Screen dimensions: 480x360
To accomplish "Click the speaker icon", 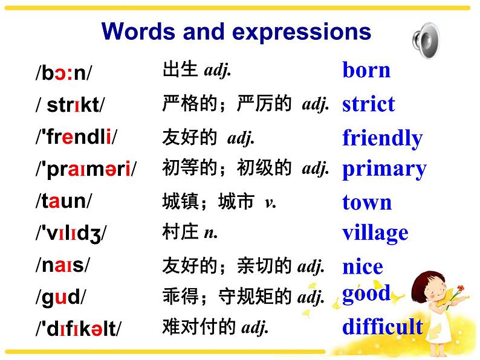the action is point(426,40).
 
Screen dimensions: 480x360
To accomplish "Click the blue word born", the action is point(366,70).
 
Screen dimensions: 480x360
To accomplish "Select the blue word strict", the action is point(369,103).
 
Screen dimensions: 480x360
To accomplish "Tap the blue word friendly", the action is point(383,138).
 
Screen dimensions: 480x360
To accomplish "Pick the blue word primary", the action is point(384,170).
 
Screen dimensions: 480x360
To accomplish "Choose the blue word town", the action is point(367,202).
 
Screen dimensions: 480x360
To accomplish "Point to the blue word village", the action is point(375,233).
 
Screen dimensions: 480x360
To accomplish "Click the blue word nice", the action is point(363,266).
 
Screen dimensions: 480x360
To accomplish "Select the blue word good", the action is point(366,294).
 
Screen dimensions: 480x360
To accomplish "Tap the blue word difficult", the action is point(383,326).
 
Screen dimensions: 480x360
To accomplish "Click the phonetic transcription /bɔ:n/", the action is point(63,73).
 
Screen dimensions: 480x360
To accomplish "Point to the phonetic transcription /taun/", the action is point(63,201).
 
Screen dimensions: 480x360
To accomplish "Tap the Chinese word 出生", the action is point(180,69).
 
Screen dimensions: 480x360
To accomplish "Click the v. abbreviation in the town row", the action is point(270,203).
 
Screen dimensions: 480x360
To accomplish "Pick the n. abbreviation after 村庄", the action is point(211,233).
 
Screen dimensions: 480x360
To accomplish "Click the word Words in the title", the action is point(138,31).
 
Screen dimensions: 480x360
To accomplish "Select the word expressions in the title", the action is point(302,33).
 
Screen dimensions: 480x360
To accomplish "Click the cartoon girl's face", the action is point(435,289).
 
